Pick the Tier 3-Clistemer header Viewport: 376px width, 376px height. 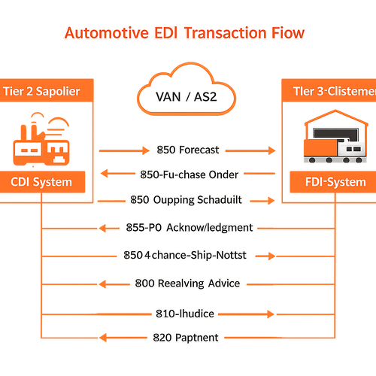[331, 92]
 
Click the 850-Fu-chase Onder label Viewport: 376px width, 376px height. [190, 174]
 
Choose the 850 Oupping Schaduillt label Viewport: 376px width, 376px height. [192, 200]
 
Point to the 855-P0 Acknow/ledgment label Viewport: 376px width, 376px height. [188, 226]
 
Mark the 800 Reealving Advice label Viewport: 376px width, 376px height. [188, 284]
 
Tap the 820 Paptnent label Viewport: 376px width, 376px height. [186, 338]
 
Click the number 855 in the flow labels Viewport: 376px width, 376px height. [134, 226]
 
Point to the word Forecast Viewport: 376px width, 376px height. [199, 150]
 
